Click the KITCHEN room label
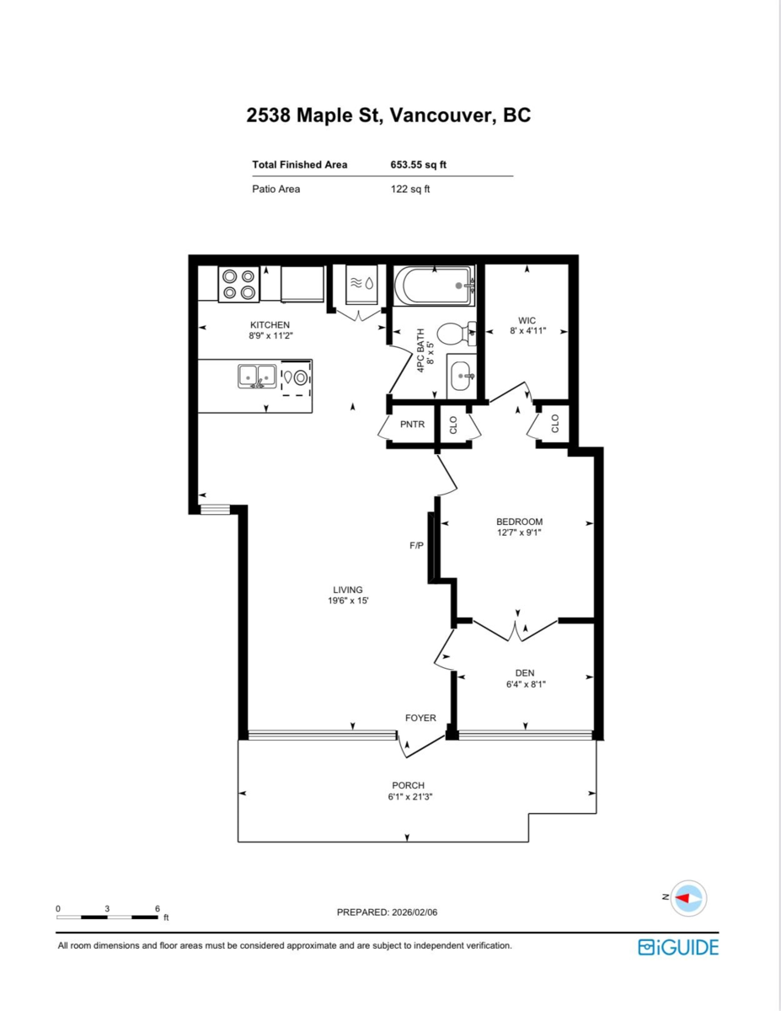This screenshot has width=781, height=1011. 270,324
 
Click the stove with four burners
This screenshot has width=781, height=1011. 238,284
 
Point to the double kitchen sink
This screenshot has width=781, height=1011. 255,376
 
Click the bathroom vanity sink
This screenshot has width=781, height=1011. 462,376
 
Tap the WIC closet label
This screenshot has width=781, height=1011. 527,320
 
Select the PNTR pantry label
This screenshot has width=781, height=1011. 412,425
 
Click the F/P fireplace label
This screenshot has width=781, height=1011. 416,546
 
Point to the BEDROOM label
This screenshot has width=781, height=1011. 519,522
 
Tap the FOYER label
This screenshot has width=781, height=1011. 420,718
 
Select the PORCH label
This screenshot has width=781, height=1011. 408,785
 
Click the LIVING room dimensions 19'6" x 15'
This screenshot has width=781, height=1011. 349,601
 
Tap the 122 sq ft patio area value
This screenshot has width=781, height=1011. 410,189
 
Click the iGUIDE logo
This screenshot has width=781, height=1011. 678,947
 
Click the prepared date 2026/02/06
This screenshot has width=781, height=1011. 419,912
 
